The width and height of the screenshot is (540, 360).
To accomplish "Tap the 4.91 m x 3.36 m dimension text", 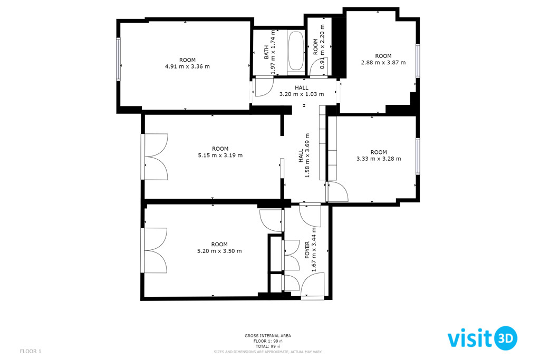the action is [187, 66].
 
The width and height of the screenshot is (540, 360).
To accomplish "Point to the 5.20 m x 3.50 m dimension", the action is [219, 251].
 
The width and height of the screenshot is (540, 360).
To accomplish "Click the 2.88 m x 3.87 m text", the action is [383, 62].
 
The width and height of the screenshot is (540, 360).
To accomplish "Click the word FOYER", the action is [307, 250].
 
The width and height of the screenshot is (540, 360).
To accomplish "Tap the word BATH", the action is [266, 52].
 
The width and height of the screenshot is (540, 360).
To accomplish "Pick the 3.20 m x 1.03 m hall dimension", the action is [301, 94].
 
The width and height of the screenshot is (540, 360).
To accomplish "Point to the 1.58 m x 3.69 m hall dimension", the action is [307, 155].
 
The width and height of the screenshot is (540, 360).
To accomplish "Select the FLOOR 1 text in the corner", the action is [31, 352].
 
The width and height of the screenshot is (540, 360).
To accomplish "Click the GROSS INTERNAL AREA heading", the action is [268, 336].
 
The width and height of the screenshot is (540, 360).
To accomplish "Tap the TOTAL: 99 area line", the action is [268, 346].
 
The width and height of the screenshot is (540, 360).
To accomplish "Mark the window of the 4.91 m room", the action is [118, 59].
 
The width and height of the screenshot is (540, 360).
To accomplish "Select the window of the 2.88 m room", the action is [418, 61].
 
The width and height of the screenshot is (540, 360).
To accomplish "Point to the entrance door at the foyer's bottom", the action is [313, 297].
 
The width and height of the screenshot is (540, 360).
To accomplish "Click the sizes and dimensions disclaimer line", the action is [268, 352].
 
